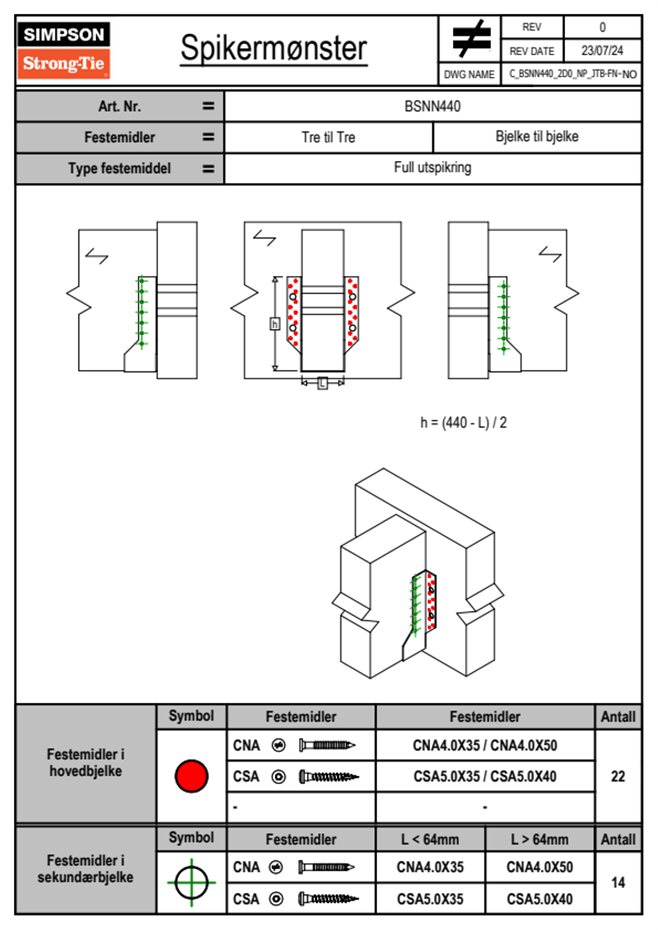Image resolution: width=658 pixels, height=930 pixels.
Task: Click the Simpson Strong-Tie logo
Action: [x=64, y=50]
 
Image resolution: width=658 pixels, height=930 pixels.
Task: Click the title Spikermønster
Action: [x=273, y=48]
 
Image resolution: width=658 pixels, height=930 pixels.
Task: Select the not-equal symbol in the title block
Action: [x=471, y=39]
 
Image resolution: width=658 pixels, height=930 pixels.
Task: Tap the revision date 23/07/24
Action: [x=602, y=51]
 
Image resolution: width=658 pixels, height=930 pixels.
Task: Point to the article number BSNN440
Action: [x=432, y=106]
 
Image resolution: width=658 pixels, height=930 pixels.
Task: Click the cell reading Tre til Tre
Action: [x=328, y=137]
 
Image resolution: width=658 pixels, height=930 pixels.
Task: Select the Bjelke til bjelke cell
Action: [x=537, y=137]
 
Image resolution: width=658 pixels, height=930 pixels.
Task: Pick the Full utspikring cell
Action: [x=432, y=168]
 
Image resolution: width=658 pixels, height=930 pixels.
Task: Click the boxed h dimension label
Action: [x=275, y=324]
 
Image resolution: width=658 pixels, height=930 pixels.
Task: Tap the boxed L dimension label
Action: [x=323, y=382]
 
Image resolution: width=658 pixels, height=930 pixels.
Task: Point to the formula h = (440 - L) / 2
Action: [x=463, y=423]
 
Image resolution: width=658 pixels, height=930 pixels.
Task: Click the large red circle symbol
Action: [x=191, y=776]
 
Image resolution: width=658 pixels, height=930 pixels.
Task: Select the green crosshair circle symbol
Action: [x=191, y=882]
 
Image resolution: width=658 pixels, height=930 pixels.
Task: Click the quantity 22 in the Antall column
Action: [x=618, y=776]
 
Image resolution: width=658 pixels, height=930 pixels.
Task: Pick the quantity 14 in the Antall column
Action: [x=618, y=882]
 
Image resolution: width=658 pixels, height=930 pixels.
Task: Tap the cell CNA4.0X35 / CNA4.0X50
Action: [x=485, y=745]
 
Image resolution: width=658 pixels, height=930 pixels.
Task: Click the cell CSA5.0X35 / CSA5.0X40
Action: [x=485, y=776]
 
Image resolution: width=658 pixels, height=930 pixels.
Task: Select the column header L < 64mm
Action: [x=430, y=839]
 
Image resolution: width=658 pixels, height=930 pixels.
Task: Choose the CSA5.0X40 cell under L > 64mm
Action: [x=540, y=899]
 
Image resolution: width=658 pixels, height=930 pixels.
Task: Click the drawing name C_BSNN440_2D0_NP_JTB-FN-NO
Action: [x=572, y=74]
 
